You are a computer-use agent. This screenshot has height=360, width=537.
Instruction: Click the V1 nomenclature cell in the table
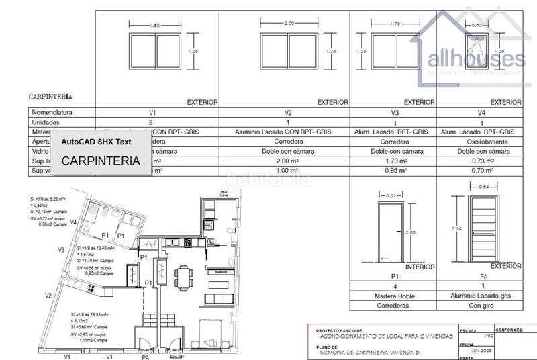coord(152,113)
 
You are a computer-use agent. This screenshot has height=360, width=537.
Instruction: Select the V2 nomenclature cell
coord(289,113)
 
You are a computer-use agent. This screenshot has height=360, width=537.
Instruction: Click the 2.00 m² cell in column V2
coord(289,161)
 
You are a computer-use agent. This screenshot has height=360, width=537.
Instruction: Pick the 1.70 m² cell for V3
coord(395,161)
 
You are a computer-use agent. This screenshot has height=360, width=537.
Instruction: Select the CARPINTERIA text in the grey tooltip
coord(101,161)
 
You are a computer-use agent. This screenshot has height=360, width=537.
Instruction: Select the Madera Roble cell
coord(395,296)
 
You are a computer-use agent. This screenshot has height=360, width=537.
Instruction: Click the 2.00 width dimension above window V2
coord(289,23)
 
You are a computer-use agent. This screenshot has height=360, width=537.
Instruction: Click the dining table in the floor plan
coord(183,275)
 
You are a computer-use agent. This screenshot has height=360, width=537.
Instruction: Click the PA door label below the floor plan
coord(145,357)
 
